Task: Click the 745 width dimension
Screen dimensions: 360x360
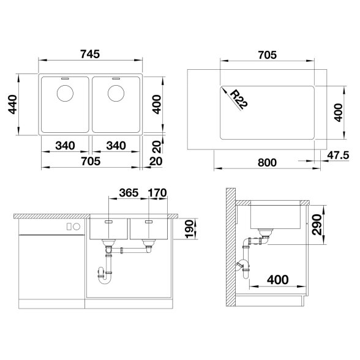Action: (90, 54)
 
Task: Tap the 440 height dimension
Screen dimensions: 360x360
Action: (13, 105)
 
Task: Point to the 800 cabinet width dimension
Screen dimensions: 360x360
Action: (267, 163)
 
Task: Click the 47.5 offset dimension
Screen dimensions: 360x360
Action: (338, 156)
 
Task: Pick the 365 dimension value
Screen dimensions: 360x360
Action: (129, 193)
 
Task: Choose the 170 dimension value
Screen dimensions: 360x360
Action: (157, 193)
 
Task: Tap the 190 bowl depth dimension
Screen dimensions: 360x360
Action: (190, 229)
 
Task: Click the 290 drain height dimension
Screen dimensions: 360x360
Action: (317, 225)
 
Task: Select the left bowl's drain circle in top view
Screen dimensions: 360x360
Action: (65, 94)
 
